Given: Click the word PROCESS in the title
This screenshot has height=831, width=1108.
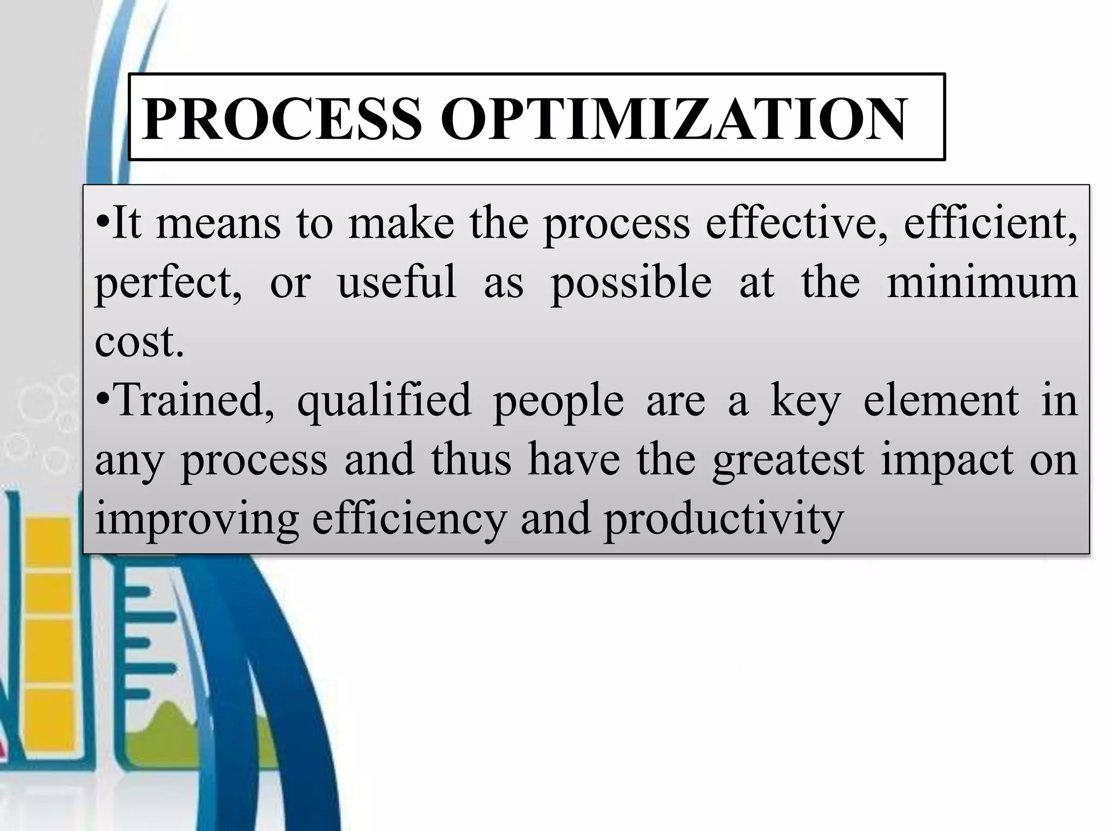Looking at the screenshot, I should (x=282, y=119).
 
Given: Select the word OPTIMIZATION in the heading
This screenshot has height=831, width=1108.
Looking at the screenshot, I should (x=674, y=119).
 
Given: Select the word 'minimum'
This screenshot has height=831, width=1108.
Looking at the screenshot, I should (x=982, y=282).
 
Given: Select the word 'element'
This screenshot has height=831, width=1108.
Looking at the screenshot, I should (x=941, y=400).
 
